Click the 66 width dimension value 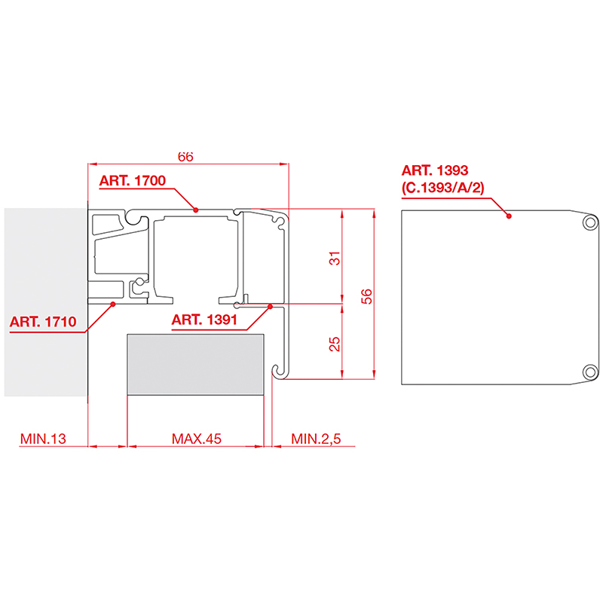tap(185, 157)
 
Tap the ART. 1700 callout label tap(133, 181)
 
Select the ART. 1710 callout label tap(43, 322)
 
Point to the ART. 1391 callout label tap(204, 320)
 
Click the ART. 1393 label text tap(435, 170)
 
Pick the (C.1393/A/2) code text tap(442, 188)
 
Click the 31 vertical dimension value tap(335, 258)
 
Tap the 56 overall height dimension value tap(367, 296)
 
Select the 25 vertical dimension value tap(335, 344)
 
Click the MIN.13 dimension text tap(43, 439)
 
